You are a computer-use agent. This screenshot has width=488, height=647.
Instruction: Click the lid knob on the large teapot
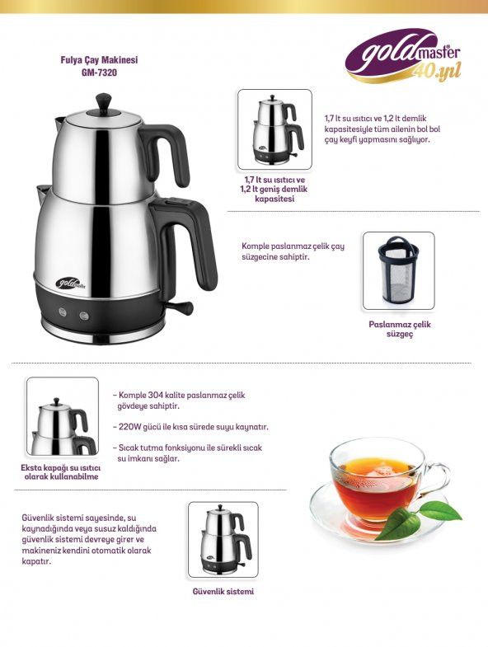[x=104, y=101]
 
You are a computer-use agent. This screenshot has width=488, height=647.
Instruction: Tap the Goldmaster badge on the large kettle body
[x=72, y=284]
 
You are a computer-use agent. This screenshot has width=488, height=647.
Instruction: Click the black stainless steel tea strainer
[x=398, y=270]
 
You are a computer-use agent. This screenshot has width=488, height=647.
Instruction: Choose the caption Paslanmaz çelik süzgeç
[x=399, y=329]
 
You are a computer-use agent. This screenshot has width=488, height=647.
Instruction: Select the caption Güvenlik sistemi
[x=223, y=591]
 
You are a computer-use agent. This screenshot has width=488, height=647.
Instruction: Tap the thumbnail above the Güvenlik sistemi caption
[x=223, y=540]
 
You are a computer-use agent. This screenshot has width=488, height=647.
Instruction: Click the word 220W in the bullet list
[x=133, y=427]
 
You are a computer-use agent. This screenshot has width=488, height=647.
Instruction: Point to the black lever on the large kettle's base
[x=180, y=309]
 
